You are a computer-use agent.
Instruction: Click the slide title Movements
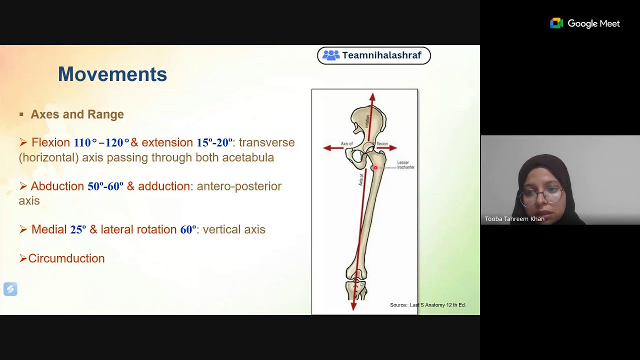[x=112, y=74]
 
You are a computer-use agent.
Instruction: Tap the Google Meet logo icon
[x=556, y=23]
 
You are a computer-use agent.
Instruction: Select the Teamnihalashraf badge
[x=373, y=55]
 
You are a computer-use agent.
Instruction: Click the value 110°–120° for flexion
[x=101, y=143]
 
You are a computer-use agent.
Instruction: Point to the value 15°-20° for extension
[x=214, y=143]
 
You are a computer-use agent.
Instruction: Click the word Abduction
[x=57, y=186]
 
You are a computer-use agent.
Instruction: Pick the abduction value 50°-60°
[x=105, y=187]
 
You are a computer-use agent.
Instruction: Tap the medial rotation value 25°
[x=78, y=230]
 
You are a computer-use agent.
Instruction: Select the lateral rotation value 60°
[x=188, y=230]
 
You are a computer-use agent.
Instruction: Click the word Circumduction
[x=66, y=258]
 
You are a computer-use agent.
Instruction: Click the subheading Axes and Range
[x=77, y=114]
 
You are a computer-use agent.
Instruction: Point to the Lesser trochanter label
[x=405, y=165]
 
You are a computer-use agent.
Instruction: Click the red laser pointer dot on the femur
[x=375, y=168]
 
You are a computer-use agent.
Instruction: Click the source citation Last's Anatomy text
[x=427, y=305]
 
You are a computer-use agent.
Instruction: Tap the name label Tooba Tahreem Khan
[x=514, y=219]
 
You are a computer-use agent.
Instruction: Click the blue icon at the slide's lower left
[x=10, y=289]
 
